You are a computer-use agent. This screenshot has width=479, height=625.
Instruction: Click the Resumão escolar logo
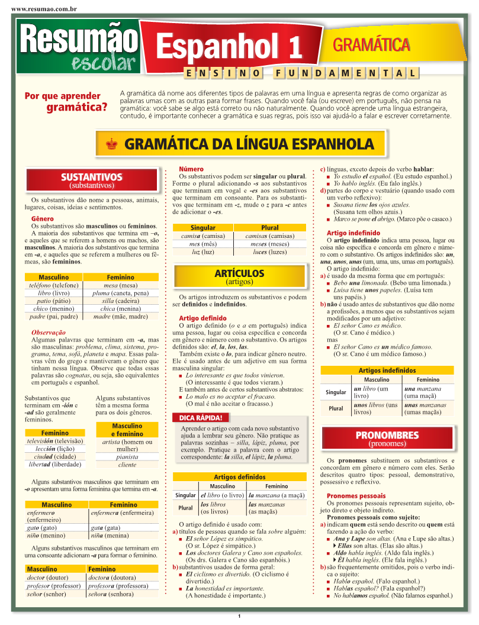pos(77,46)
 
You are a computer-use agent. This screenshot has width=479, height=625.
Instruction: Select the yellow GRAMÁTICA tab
pos(371,44)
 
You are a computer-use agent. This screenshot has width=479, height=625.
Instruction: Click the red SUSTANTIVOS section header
pos(92,181)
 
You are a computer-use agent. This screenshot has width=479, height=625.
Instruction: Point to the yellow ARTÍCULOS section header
pos(239,277)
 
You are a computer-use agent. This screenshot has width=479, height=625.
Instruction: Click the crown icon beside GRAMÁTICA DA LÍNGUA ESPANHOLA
pos(112,143)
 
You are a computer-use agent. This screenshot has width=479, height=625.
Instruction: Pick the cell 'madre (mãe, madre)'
pos(120,316)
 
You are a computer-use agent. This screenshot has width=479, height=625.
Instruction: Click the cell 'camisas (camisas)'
pos(269,236)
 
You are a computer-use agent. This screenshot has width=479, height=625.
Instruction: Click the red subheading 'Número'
pos(191,169)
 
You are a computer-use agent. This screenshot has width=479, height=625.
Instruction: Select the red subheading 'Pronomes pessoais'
pos(356,495)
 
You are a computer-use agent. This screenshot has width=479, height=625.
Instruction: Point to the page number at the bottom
pos(239,618)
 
